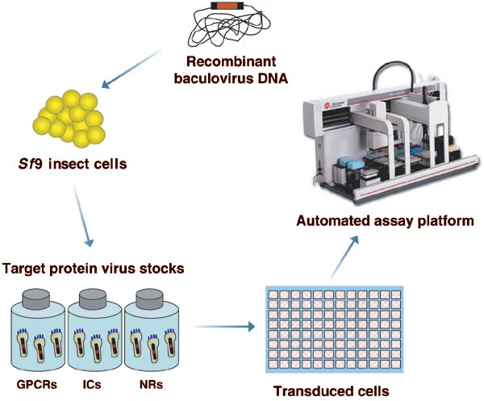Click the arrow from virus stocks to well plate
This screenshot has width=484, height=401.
[x=224, y=326]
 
